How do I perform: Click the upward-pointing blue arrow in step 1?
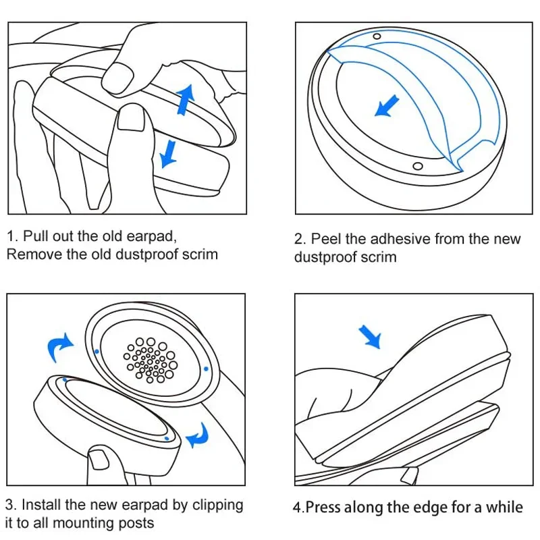(x=184, y=99)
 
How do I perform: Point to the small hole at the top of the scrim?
(x=377, y=35)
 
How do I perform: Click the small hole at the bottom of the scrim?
(x=417, y=166)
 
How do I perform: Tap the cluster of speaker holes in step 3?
(x=150, y=357)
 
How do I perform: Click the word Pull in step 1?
(x=35, y=236)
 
